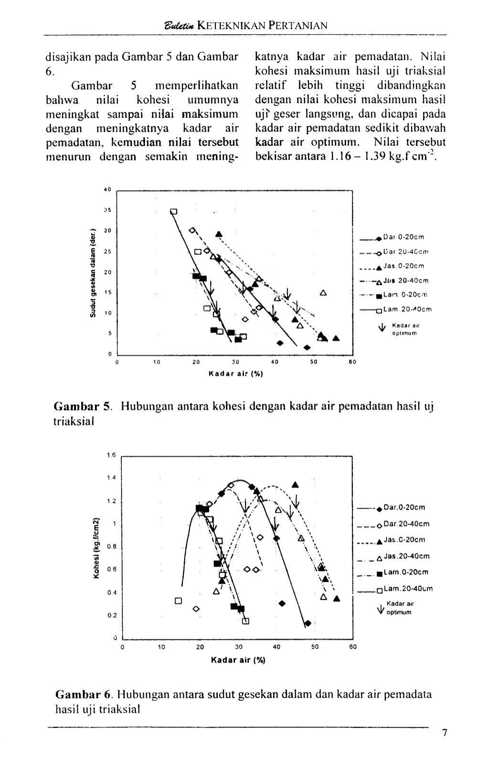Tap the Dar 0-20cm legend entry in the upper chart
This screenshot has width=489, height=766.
pyautogui.click(x=404, y=236)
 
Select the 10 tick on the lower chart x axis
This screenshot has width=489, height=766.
pyautogui.click(x=161, y=648)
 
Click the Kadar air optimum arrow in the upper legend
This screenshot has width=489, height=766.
pyautogui.click(x=382, y=327)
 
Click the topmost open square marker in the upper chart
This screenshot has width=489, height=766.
pyautogui.click(x=174, y=211)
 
